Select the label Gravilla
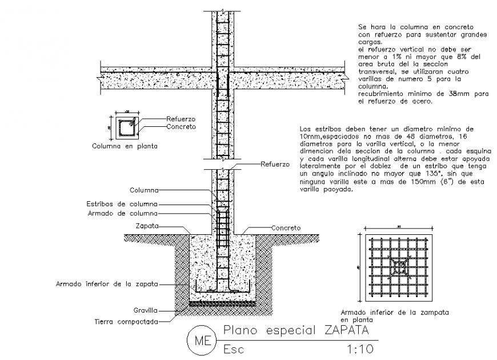pyautogui.click(x=146, y=311)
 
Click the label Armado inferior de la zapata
pyautogui.click(x=106, y=283)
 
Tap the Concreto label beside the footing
pyautogui.click(x=286, y=227)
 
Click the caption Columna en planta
pyautogui.click(x=125, y=146)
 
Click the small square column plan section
pyautogui.click(x=126, y=128)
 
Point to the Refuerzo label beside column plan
pyautogui.click(x=181, y=119)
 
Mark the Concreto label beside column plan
pyautogui.click(x=181, y=126)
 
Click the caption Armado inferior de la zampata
pyautogui.click(x=394, y=313)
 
